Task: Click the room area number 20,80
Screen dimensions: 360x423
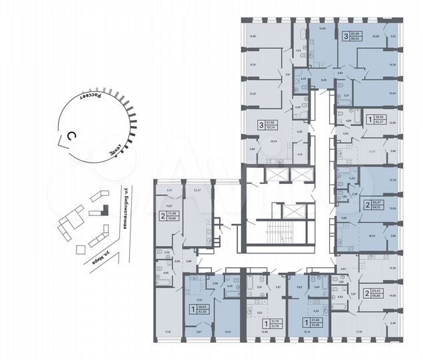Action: [x=376, y=37]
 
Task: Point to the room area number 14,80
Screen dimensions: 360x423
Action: [x=252, y=37]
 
